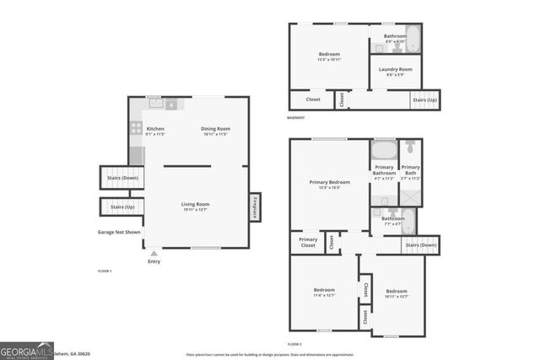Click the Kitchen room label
coord(155,131)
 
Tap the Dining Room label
coord(215,131)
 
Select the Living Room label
coord(196,206)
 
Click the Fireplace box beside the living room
coord(254,207)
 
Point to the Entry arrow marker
coord(154,252)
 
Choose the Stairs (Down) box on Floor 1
coord(121,178)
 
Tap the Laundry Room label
coord(395,71)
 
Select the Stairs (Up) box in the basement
coord(425,99)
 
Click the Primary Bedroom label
coord(329,184)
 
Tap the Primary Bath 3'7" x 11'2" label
coord(411,172)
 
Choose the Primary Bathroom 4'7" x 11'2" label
coord(384,172)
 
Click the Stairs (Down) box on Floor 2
coord(421,244)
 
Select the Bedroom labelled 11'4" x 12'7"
coord(324,292)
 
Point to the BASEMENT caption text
coord(296,118)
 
